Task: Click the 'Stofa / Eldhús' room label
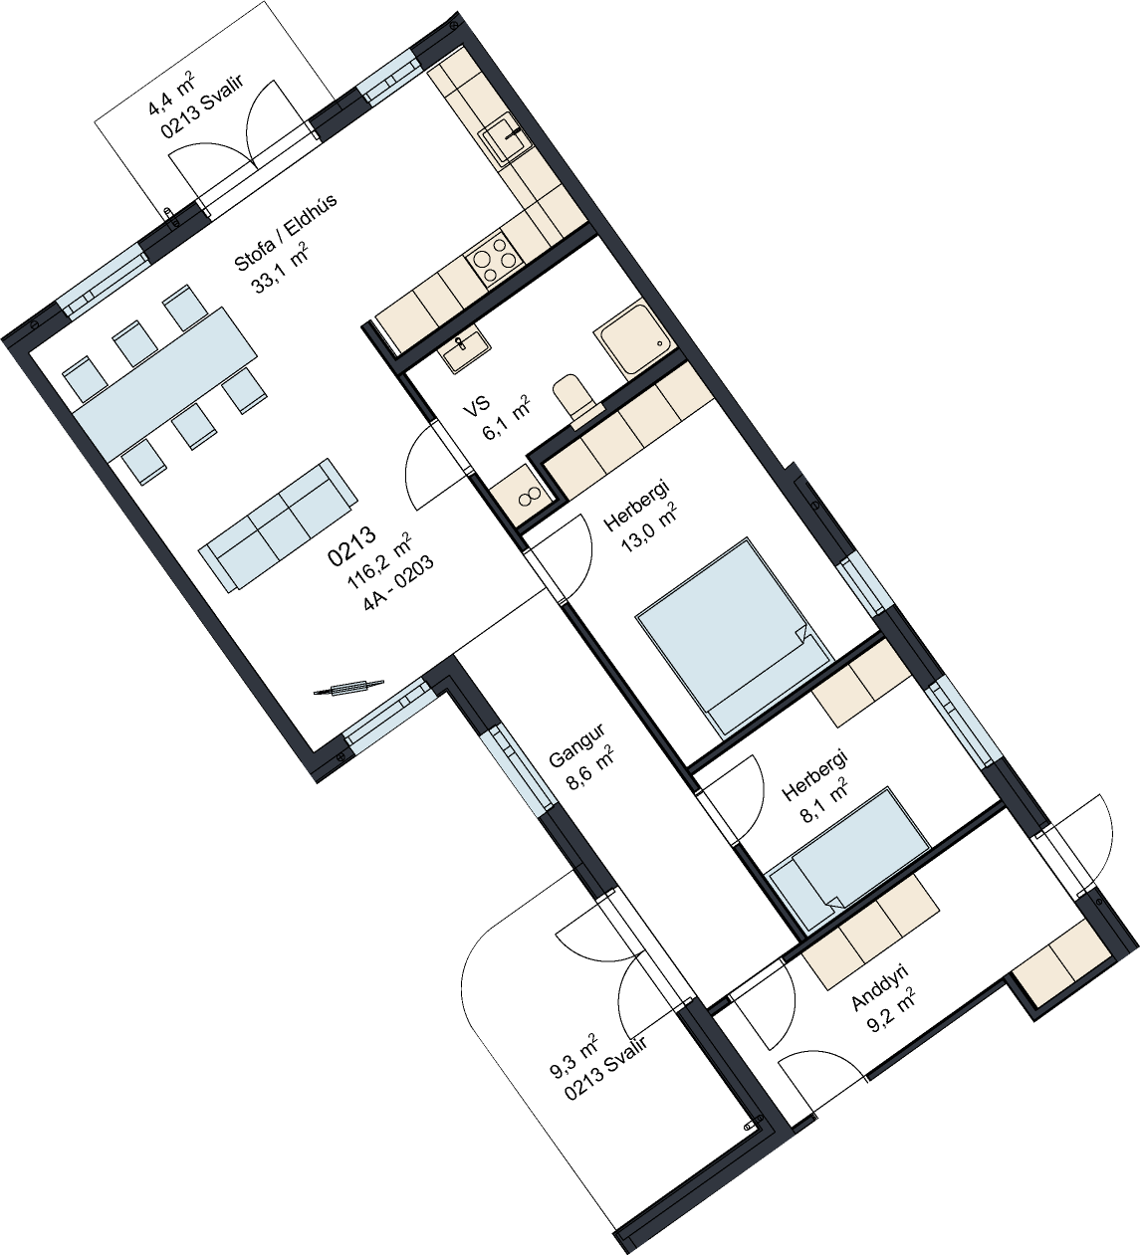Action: click(286, 232)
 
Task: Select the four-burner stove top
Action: click(493, 259)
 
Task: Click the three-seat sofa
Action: click(278, 524)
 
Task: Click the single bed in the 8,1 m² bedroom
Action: click(848, 859)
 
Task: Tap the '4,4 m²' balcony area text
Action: click(171, 95)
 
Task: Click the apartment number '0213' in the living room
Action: click(351, 545)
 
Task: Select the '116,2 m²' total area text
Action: click(378, 560)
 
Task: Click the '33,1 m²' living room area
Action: click(281, 269)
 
